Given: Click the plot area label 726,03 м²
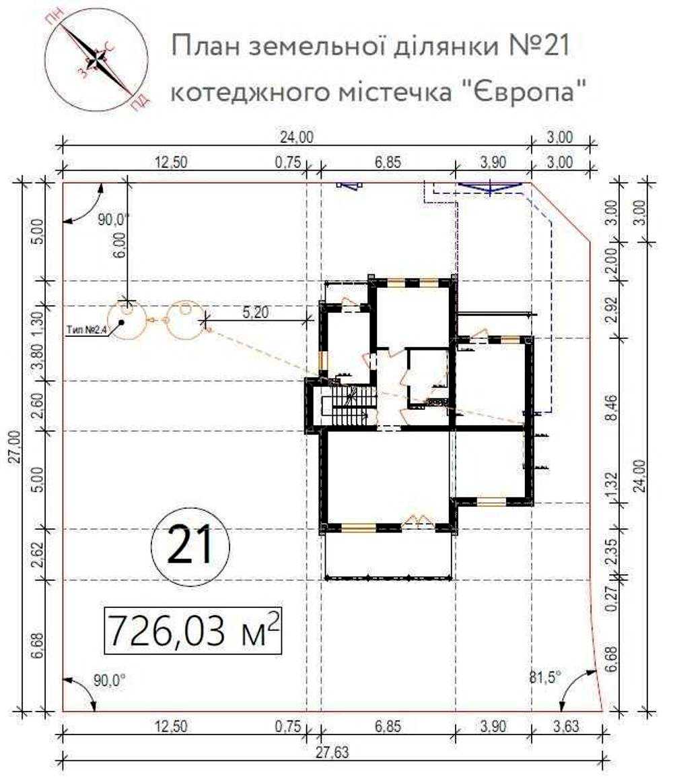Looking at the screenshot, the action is click(193, 630).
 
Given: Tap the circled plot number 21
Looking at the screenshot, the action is click(190, 545).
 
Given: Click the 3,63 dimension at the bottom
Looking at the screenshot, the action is click(566, 726).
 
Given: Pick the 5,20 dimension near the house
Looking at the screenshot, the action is click(256, 313).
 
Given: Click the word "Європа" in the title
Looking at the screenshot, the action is click(528, 92).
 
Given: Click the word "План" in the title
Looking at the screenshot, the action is click(205, 46).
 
